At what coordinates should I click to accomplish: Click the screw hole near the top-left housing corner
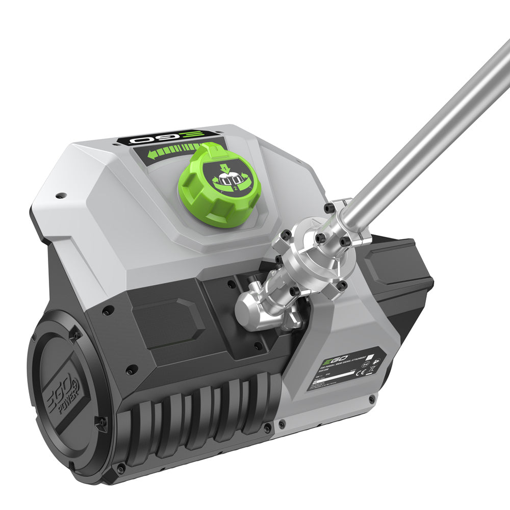pos(60,195)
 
